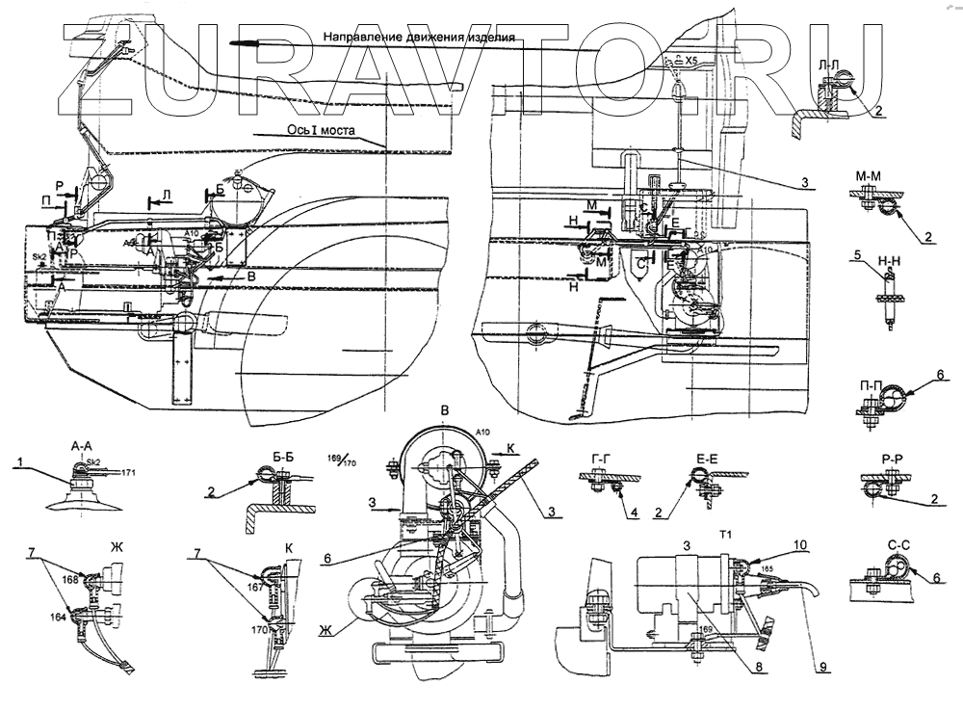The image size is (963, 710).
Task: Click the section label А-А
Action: point(82,446)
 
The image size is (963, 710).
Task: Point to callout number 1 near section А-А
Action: point(19,462)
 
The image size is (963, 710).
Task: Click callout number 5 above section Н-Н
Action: point(854,255)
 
